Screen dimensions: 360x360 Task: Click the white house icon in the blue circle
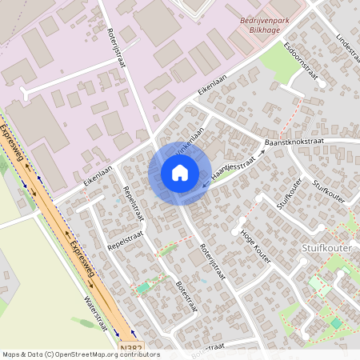click(x=179, y=173)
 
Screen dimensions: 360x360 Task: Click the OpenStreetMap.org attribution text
click(x=108, y=354)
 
